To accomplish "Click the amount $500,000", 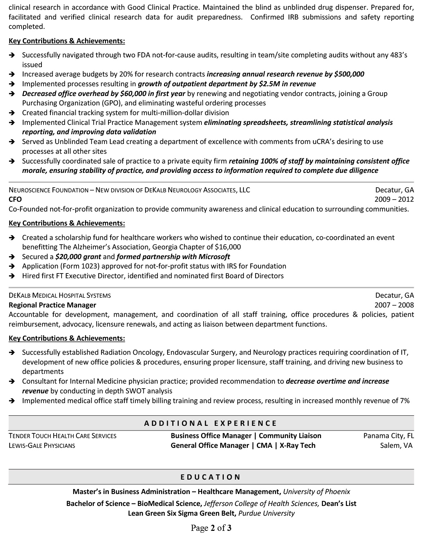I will pyautogui.click(x=349, y=74).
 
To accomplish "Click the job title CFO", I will pyautogui.click(x=15, y=200).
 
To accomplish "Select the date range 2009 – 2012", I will pyautogui.click(x=394, y=200).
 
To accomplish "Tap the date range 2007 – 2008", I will pyautogui.click(x=394, y=305).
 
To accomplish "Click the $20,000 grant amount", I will pyautogui.click(x=68, y=257).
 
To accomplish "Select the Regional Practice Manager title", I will pyautogui.click(x=52, y=305).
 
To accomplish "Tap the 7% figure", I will pyautogui.click(x=404, y=401).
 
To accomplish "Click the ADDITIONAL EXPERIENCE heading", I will pyautogui.click(x=211, y=423).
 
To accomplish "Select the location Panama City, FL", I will pyautogui.click(x=388, y=436).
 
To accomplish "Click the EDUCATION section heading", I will pyautogui.click(x=211, y=477).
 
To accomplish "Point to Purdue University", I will pyautogui.click(x=267, y=514).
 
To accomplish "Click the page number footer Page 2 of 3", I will pyautogui.click(x=211, y=528).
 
